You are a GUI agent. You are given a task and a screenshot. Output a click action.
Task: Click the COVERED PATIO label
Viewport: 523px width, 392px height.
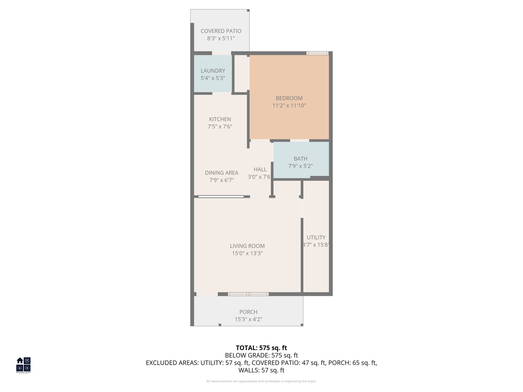(221, 31)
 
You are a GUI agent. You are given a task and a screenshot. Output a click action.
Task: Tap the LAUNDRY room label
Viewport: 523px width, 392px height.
(213, 71)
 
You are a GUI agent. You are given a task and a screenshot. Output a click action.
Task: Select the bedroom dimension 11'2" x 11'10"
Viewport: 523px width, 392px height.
(289, 105)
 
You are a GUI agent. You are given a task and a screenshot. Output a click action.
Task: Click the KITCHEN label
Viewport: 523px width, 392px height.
(220, 119)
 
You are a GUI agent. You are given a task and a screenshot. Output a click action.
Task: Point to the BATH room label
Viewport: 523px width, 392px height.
(300, 158)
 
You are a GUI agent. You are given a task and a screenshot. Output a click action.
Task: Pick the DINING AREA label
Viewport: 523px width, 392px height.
(221, 173)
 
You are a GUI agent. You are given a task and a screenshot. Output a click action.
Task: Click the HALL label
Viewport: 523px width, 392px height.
(260, 169)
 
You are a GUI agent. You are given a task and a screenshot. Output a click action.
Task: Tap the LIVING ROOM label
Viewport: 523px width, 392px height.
(247, 246)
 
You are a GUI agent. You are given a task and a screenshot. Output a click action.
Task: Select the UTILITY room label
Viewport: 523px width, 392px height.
(316, 238)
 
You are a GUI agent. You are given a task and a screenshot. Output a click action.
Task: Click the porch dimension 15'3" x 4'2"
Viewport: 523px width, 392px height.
(248, 319)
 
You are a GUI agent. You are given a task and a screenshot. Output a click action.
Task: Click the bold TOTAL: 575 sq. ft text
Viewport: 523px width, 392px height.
(261, 348)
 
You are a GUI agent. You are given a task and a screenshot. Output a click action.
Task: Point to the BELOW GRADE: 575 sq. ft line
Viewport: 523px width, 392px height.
(261, 355)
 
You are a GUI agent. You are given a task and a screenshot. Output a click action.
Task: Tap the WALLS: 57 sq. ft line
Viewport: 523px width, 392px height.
(261, 370)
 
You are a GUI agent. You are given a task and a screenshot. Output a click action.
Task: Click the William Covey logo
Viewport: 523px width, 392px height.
(23, 365)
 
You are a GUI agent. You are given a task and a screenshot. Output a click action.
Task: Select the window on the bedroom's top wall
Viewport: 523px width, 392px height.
(317, 53)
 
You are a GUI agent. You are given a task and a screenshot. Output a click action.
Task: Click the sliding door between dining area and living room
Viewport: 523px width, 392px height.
(221, 197)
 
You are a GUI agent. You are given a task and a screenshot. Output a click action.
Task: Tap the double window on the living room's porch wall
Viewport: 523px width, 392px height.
(248, 294)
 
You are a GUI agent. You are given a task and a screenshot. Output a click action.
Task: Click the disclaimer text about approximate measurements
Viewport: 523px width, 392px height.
(261, 381)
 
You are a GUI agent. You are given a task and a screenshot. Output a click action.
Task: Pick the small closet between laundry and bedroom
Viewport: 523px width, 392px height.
(240, 73)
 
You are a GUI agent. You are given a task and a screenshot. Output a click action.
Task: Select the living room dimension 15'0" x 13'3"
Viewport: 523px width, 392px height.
(247, 253)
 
